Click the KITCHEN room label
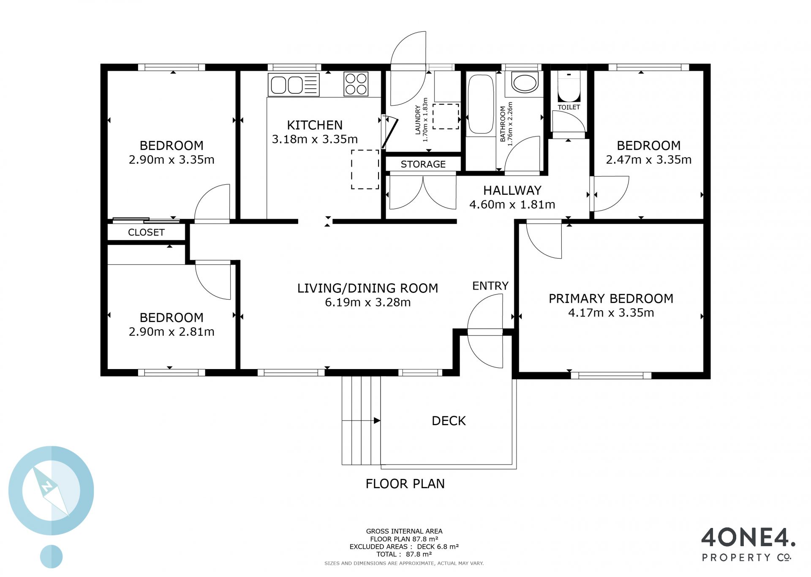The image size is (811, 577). (315, 125)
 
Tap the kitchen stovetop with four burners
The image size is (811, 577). (356, 84)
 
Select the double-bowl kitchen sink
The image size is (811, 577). (294, 85)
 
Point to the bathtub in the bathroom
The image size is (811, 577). (481, 104)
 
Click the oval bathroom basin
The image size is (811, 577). (525, 82)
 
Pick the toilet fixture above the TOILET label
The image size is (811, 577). (569, 87)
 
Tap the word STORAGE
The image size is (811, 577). (423, 164)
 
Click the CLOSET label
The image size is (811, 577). (146, 232)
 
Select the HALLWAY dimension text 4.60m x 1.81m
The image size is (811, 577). (512, 205)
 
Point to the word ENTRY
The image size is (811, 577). (490, 286)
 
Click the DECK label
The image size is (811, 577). (449, 421)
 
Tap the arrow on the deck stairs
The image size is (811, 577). (361, 421)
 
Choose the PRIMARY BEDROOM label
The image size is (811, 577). (611, 299)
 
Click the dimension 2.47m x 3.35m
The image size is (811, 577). (649, 160)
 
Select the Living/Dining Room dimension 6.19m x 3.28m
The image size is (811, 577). (367, 302)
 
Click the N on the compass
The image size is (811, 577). (47, 487)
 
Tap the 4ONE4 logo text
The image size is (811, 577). (748, 538)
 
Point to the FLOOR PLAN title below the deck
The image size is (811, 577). (405, 484)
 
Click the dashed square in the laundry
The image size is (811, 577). (446, 116)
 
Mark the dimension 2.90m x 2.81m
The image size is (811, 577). (171, 332)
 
